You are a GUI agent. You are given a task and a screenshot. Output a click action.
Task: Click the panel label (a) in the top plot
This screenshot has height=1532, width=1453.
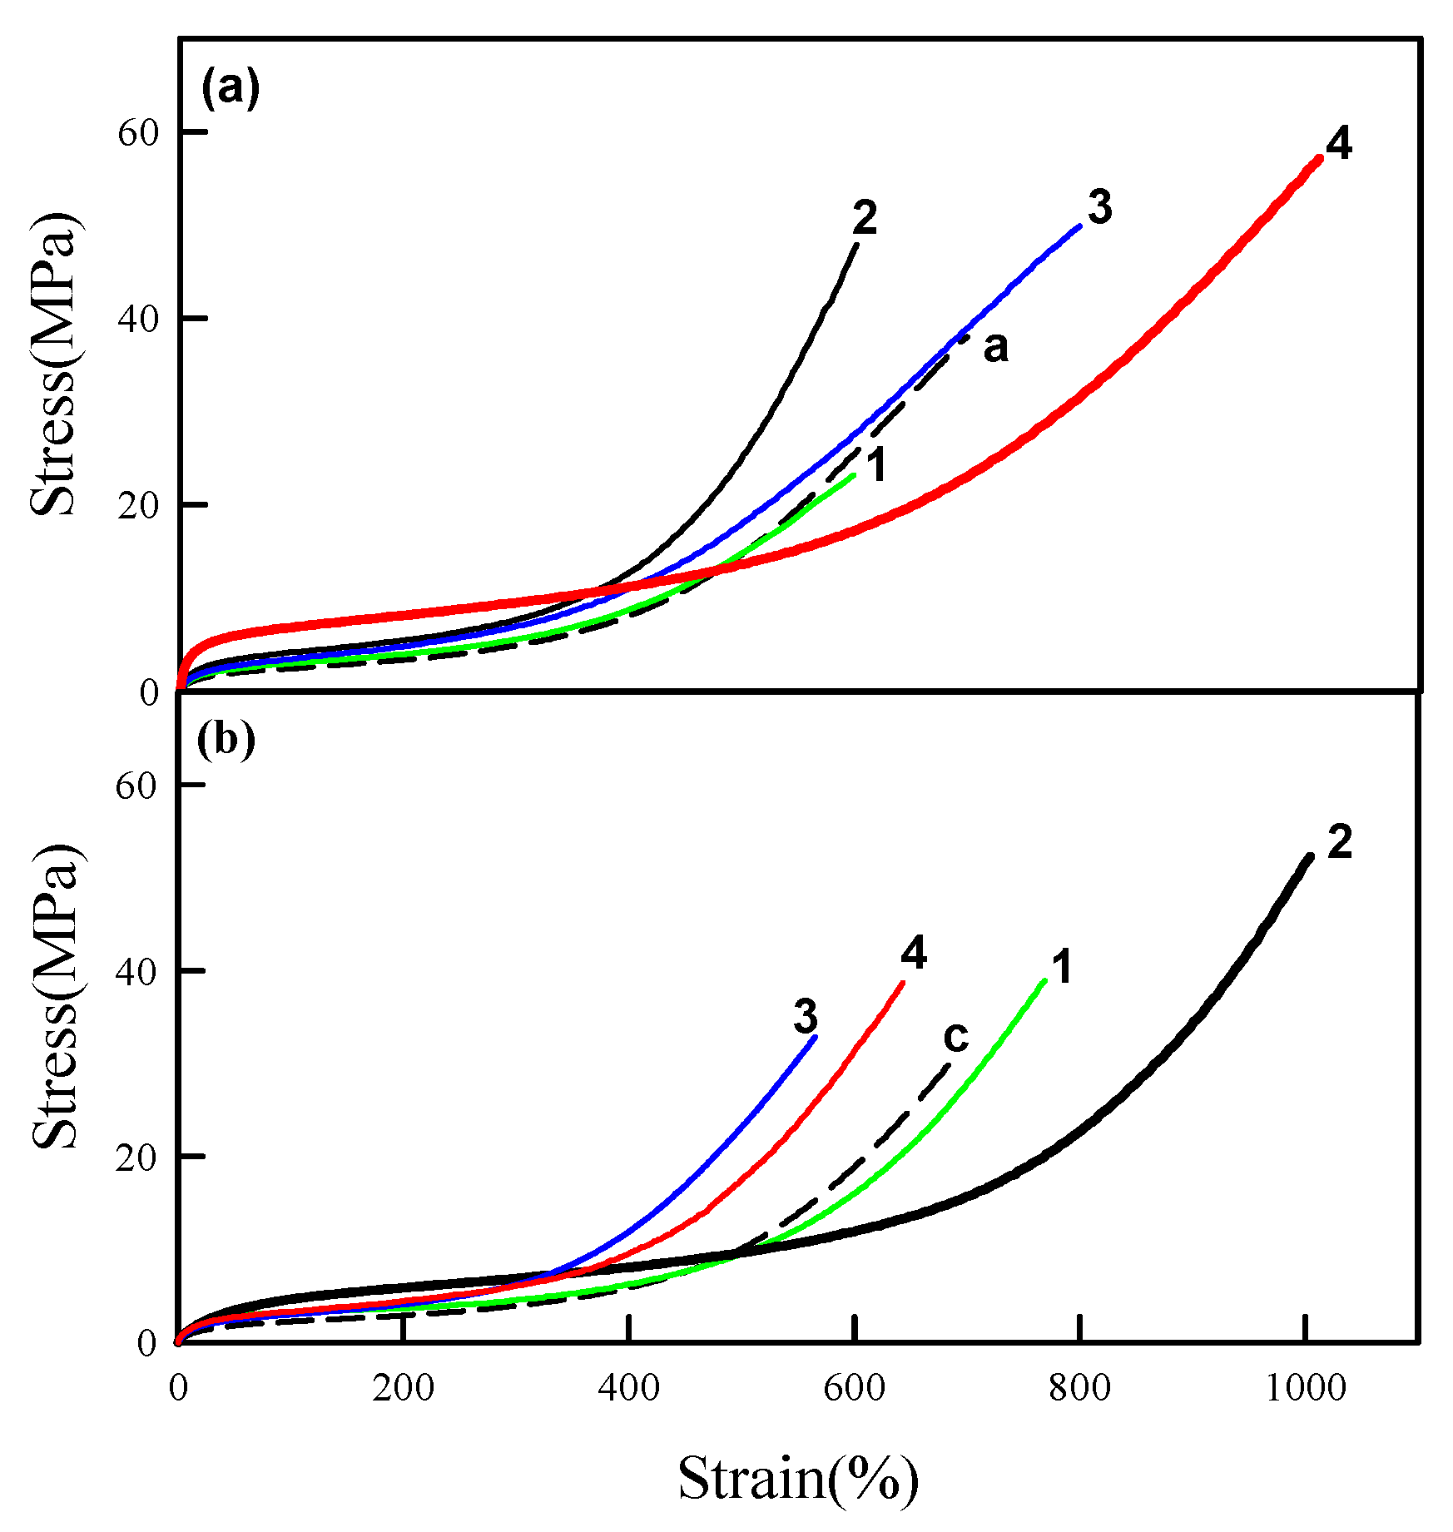231,88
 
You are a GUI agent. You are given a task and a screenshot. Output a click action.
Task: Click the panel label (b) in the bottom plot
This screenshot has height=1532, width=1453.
226,740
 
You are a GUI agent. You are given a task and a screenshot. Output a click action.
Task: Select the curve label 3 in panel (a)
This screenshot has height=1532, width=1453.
1099,207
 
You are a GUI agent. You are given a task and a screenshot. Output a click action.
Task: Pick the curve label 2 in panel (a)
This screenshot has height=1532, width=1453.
865,219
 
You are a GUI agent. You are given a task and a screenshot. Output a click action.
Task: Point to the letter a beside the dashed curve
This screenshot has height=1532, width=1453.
995,347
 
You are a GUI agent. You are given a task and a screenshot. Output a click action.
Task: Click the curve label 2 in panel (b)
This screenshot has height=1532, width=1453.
1339,843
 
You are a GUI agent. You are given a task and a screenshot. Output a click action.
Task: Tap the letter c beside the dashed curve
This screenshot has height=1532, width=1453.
956,1037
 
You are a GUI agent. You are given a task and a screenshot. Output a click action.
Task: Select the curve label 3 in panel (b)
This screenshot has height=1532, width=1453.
805,1017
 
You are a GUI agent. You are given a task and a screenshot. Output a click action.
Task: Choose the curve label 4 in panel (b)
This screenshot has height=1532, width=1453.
914,953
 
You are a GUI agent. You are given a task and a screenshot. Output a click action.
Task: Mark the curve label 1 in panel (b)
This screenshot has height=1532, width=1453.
1062,968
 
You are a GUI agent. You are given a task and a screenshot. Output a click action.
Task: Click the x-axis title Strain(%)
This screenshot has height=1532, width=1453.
797,1479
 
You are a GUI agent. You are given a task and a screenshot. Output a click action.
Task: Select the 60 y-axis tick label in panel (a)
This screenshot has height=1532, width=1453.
137,132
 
